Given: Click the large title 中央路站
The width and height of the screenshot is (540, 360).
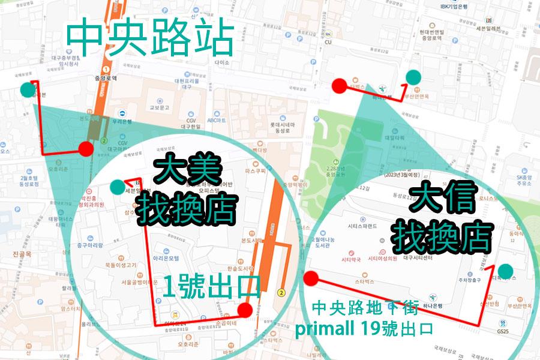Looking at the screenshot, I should pos(149,40).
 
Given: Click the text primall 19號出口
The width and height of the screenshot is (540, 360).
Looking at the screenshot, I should pos(373,328).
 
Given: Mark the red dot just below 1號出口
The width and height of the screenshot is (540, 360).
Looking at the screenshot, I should pos(245,310).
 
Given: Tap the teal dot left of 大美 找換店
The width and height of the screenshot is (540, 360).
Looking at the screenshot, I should pos(116,187).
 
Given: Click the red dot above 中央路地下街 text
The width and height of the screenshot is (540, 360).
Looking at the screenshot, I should pos(311,278).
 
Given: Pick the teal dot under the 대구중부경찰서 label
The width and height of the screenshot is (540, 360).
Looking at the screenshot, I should pos(27,90).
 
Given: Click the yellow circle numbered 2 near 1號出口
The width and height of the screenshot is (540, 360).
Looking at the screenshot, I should pos(280,293).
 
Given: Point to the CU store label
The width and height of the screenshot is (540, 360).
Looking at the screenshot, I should pos(328,42).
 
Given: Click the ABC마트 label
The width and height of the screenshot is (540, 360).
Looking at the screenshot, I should pos(217,120).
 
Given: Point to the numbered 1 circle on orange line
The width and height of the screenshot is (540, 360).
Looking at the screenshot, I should pos(106,71).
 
